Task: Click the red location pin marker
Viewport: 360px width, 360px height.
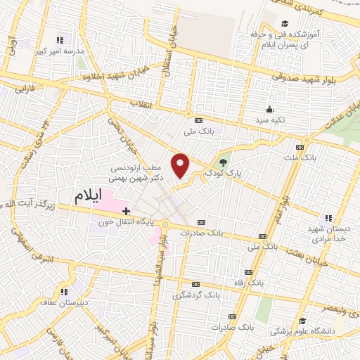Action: click(181, 165)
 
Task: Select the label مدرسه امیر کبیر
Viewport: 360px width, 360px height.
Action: click(65, 52)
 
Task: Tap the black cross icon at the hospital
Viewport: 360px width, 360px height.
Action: click(126, 210)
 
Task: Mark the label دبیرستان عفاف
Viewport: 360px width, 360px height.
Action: click(64, 303)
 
